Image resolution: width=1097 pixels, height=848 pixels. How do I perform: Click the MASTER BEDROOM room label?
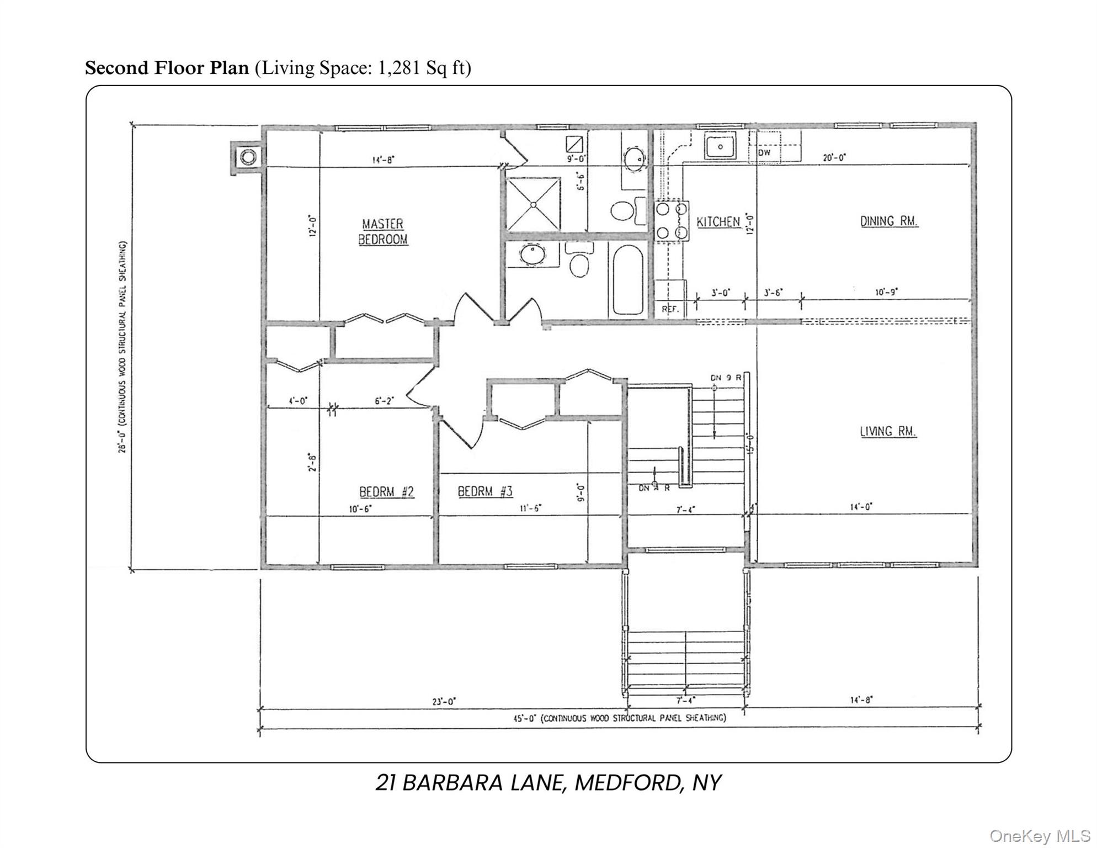[x=383, y=231]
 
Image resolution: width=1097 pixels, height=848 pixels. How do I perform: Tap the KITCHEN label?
[x=718, y=222]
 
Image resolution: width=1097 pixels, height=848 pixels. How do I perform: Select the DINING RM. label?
[x=889, y=221]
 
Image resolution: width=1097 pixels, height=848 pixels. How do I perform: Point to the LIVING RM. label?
[x=888, y=432]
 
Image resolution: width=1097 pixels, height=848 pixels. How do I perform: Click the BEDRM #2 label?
[x=386, y=491]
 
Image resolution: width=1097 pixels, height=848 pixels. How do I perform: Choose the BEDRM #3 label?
[x=485, y=491]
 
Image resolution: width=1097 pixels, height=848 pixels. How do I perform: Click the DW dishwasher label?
[x=764, y=152]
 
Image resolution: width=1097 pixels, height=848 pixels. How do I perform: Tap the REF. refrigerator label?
[x=670, y=309]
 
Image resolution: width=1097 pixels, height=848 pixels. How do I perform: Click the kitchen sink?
[x=720, y=147]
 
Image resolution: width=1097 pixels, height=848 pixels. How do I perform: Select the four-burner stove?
[x=672, y=221]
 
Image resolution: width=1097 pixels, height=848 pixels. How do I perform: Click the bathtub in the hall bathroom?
[x=628, y=279]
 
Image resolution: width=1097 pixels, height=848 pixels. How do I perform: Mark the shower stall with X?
[x=533, y=204]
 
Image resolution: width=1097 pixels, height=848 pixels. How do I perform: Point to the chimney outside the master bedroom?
[x=248, y=157]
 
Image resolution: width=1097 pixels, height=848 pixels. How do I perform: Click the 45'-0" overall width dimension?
[x=618, y=718]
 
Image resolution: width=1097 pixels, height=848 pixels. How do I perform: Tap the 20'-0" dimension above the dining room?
[x=834, y=158]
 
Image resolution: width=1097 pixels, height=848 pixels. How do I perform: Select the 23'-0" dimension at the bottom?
[x=444, y=702]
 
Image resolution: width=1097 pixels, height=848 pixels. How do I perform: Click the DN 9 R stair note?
[x=726, y=378]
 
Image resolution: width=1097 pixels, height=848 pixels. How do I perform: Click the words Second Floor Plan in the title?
[x=167, y=68]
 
